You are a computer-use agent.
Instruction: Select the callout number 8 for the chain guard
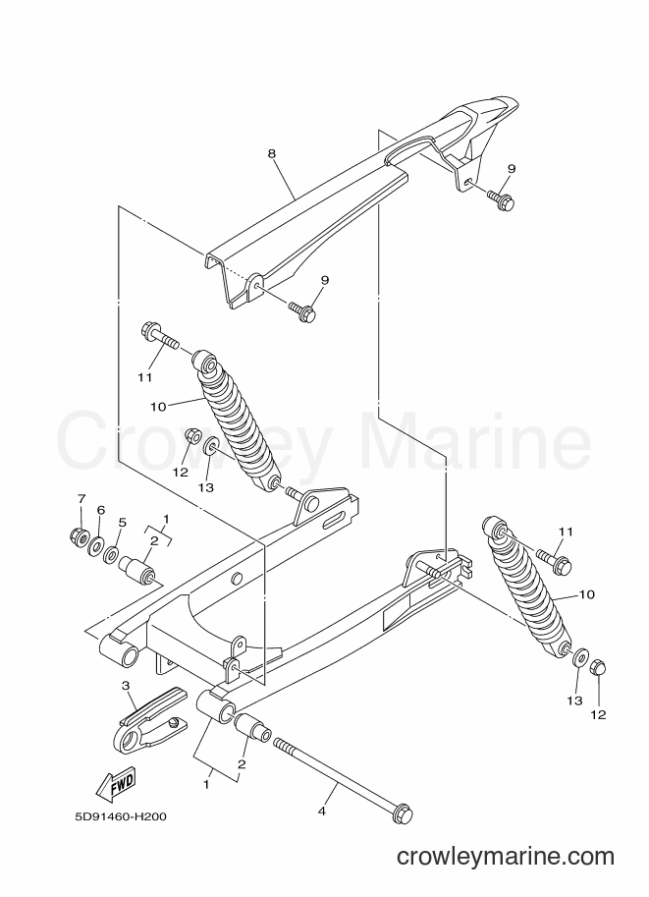coord(272,153)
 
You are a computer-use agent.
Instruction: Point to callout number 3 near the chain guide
coord(126,686)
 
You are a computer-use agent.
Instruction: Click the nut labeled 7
coord(79,536)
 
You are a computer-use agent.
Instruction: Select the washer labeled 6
coord(95,542)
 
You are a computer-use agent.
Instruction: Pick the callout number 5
coord(122,523)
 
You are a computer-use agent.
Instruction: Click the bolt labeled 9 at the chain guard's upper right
coord(501,198)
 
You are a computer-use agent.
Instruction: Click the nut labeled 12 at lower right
coord(596,667)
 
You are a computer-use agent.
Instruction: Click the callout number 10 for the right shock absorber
coord(587,595)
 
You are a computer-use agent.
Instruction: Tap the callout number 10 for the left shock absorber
coord(158,407)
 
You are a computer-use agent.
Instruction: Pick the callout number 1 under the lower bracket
coord(206,785)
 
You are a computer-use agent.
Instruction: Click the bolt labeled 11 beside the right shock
coord(554,560)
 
